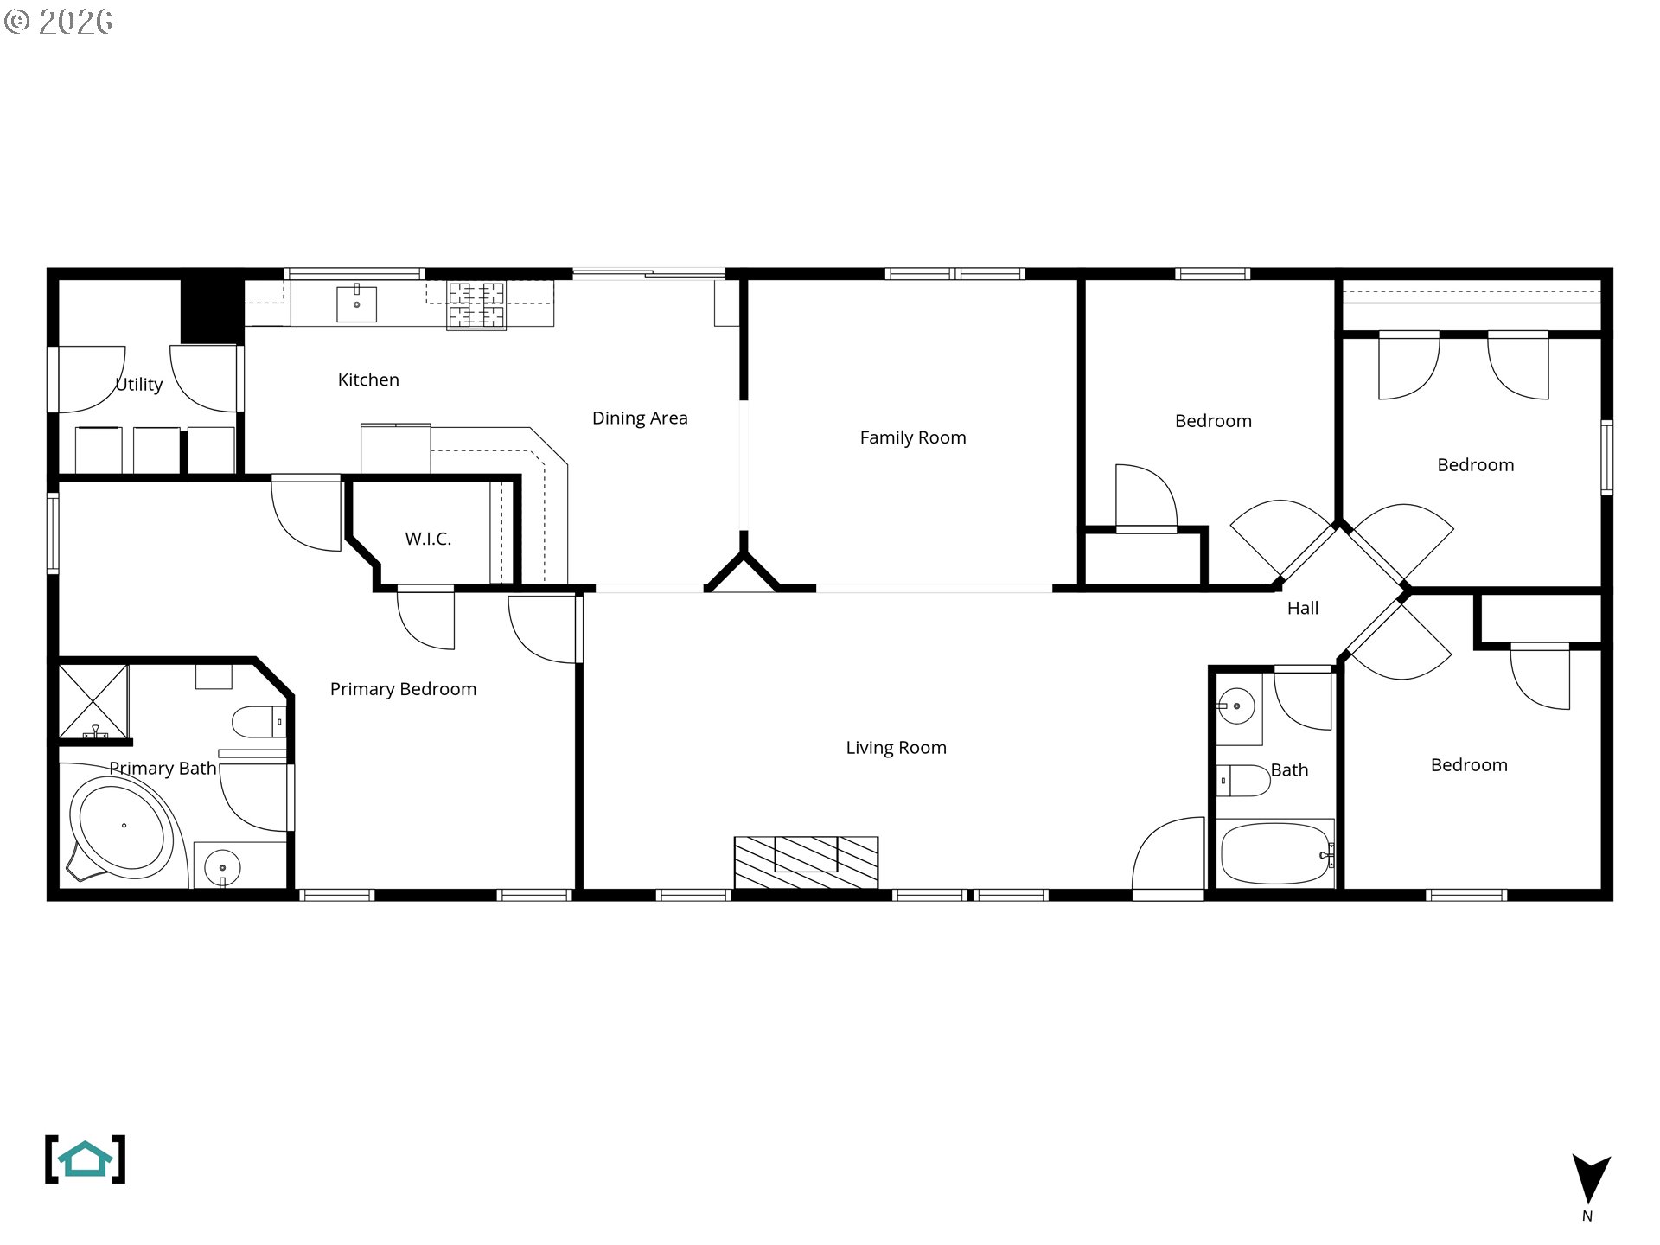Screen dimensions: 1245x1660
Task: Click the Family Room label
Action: [913, 437]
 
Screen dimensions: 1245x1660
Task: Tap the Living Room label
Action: [896, 748]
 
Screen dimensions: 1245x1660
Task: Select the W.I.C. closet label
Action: [428, 539]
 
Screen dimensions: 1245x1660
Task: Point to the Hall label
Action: [1303, 609]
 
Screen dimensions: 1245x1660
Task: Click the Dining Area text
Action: [640, 418]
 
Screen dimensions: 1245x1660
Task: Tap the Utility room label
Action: [139, 385]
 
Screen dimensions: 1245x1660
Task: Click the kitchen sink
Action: [356, 303]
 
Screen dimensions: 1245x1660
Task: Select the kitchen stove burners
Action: [476, 306]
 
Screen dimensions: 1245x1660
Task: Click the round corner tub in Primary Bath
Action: [123, 827]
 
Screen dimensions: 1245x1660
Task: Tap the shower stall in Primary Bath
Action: [93, 701]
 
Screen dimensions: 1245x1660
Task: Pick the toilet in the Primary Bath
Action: [258, 721]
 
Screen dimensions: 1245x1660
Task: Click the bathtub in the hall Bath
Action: [1275, 853]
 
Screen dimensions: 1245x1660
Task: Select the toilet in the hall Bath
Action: [1242, 781]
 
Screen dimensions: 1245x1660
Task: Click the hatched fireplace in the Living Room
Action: [806, 861]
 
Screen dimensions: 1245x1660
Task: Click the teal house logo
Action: [85, 1159]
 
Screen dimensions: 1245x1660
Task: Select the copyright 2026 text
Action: [59, 22]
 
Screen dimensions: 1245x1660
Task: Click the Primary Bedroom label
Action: [403, 689]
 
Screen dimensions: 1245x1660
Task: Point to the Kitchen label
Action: [368, 380]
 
